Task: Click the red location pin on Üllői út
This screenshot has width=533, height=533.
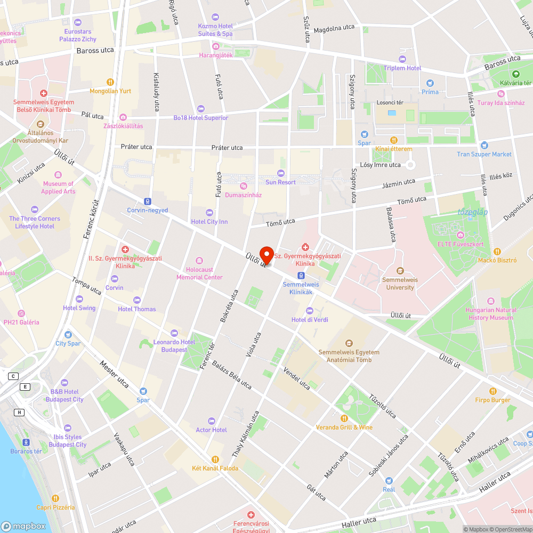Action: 266,254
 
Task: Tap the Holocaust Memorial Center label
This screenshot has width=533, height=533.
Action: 199,273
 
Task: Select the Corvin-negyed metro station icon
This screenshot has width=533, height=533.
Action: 148,201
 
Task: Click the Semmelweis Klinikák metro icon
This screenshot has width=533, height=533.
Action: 301,275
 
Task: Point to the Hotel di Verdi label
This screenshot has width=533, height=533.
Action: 310,320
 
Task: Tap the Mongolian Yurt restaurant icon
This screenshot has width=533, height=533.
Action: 110,82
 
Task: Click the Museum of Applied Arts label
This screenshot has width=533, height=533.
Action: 58,188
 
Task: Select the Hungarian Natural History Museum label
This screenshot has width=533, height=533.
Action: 490,314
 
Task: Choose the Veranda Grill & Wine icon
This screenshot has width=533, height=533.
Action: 344,418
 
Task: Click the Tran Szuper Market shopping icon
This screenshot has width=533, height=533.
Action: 484,145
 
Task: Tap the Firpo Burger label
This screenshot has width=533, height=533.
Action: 492,400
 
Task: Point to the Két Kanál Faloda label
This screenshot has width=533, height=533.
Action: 215,468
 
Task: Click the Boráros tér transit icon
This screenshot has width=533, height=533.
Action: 26,442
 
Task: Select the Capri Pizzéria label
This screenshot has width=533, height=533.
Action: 55,507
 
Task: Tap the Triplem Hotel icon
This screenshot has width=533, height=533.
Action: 402,59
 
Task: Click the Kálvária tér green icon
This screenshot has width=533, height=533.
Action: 515,74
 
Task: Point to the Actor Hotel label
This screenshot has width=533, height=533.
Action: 212,430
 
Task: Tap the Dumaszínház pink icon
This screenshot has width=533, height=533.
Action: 243,186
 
